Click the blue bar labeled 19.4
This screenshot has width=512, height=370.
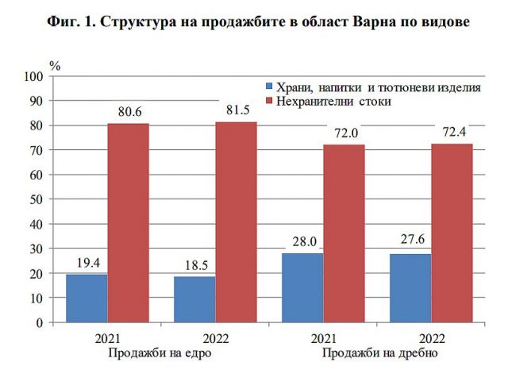(x=87, y=299)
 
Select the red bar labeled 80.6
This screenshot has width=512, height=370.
(x=128, y=223)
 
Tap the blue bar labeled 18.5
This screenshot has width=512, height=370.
(x=194, y=299)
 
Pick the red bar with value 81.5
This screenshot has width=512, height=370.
(x=236, y=222)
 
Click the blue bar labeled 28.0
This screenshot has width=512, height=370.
(x=302, y=287)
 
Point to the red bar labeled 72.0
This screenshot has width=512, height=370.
(x=344, y=233)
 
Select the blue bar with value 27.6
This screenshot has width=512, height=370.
(x=410, y=288)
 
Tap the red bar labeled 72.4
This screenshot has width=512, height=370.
(x=452, y=233)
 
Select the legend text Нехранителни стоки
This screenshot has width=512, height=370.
(x=333, y=102)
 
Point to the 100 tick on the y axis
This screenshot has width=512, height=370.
(x=33, y=77)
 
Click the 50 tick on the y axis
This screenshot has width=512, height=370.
(x=37, y=200)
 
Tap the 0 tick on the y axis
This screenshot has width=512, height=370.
(x=39, y=323)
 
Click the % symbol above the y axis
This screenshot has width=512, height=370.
(x=55, y=65)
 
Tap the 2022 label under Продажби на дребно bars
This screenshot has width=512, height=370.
(x=431, y=337)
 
